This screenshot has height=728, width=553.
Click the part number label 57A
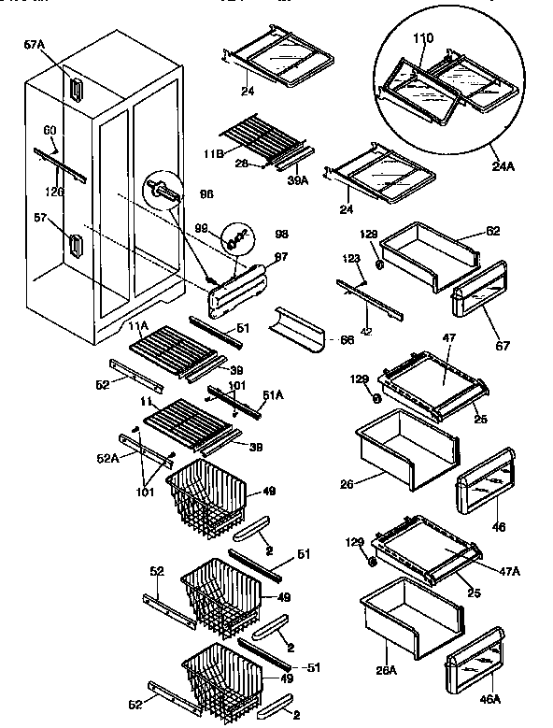(x=34, y=44)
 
